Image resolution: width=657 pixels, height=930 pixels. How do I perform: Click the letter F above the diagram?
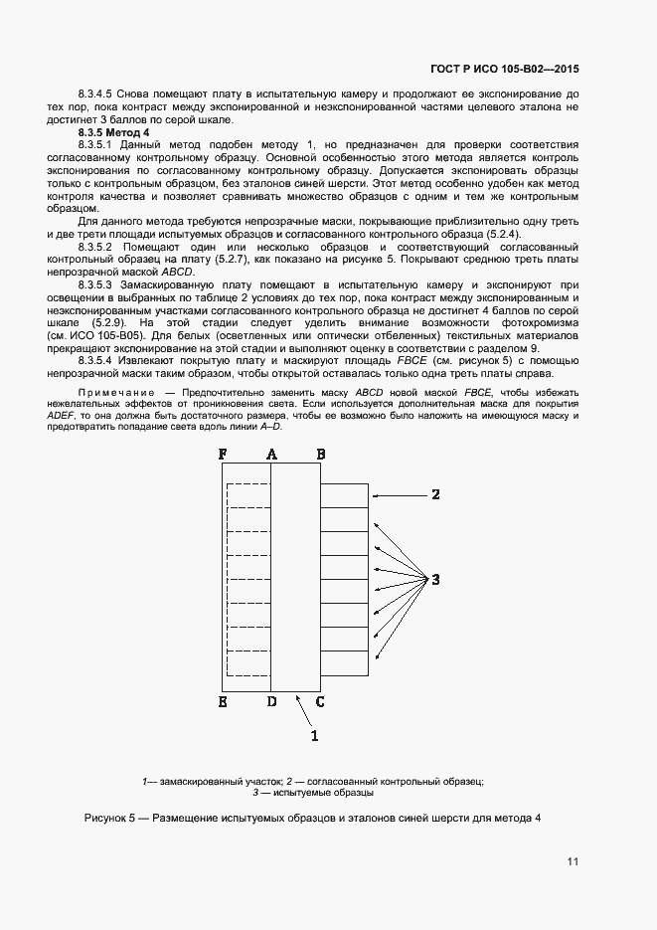pos(223,455)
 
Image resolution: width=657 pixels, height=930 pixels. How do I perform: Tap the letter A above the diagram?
pos(271,455)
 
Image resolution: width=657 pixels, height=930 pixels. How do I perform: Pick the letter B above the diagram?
pos(320,455)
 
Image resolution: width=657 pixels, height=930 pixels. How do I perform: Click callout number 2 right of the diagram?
pos(434,494)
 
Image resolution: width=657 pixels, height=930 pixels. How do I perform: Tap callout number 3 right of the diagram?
pos(434,579)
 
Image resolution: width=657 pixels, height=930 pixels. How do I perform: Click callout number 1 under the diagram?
pos(315,736)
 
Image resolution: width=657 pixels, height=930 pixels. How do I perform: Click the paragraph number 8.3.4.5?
pos(97,93)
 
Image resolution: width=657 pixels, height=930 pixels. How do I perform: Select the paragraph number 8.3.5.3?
pos(97,284)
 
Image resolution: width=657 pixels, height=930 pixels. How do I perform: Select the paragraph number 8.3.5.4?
pos(97,362)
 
